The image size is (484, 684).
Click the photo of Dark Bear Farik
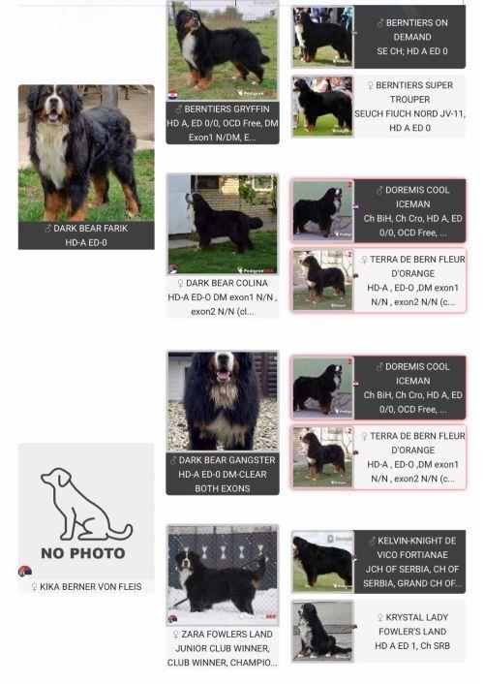pyautogui.click(x=86, y=153)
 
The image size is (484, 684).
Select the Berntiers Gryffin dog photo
pyautogui.click(x=223, y=50)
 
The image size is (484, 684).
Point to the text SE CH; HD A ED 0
pyautogui.click(x=412, y=51)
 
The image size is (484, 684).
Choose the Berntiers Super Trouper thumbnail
pyautogui.click(x=322, y=106)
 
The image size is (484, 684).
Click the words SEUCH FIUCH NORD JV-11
pyautogui.click(x=409, y=114)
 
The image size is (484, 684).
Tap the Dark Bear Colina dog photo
pyautogui.click(x=223, y=224)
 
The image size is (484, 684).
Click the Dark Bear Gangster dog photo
pyautogui.click(x=223, y=401)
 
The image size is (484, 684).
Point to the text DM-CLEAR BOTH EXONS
pyautogui.click(x=223, y=482)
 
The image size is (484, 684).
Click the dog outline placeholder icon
pyautogui.click(x=86, y=505)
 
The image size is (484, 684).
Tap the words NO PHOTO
pyautogui.click(x=83, y=553)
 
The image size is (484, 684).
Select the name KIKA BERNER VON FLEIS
pyautogui.click(x=91, y=587)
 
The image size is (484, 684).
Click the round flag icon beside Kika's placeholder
pyautogui.click(x=25, y=571)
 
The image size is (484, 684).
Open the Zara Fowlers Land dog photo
pyautogui.click(x=223, y=575)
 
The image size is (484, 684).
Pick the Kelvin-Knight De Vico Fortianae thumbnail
pyautogui.click(x=322, y=562)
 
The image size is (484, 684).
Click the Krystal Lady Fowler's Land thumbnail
pyautogui.click(x=322, y=632)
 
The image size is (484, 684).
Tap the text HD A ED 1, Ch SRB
pyautogui.click(x=412, y=646)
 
